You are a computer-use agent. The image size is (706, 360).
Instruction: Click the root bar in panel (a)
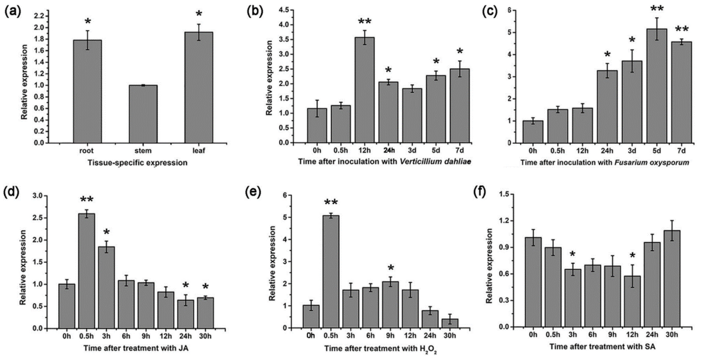[87, 91]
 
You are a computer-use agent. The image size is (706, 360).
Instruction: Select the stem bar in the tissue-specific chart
[143, 114]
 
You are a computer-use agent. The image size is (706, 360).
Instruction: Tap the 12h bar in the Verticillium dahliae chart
[365, 90]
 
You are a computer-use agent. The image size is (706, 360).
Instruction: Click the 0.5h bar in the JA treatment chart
[86, 271]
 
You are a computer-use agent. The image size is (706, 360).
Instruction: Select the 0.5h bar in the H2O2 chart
[331, 272]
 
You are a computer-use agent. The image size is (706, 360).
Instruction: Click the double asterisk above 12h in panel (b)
[365, 22]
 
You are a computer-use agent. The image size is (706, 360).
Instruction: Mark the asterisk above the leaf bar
[199, 14]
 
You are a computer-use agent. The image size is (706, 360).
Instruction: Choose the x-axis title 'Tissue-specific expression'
[137, 163]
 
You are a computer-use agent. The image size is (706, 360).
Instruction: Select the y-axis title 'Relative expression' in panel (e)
[272, 263]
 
